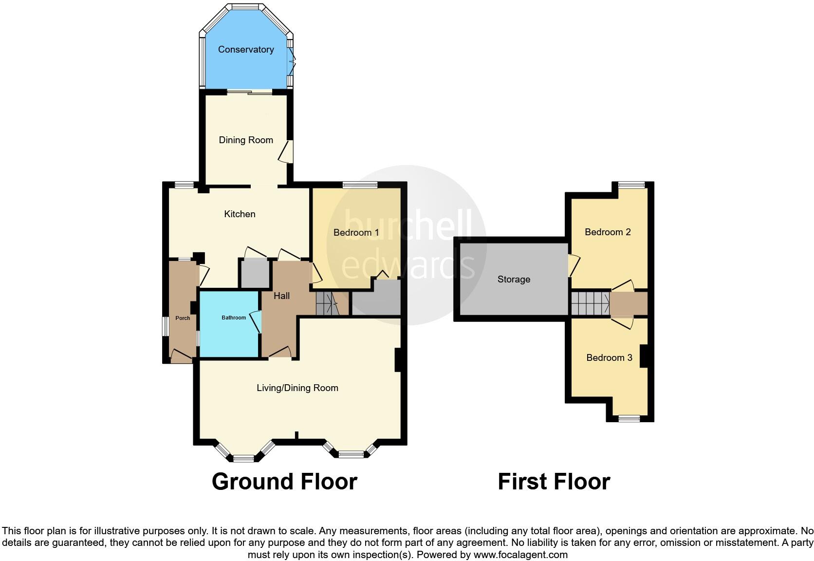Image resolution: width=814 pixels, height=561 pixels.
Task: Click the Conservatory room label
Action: pyautogui.click(x=246, y=49)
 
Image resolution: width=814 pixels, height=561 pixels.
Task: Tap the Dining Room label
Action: pyautogui.click(x=246, y=140)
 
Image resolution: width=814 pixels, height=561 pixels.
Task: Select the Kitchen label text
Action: pyautogui.click(x=240, y=214)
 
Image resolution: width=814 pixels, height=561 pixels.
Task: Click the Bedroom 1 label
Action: pyautogui.click(x=356, y=232)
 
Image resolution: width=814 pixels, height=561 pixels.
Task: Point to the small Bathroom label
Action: pyautogui.click(x=234, y=318)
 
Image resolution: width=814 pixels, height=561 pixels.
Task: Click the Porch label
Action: pyautogui.click(x=183, y=318)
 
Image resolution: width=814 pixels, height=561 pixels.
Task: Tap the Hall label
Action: pyautogui.click(x=281, y=296)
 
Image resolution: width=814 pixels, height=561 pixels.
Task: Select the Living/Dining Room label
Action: pyautogui.click(x=297, y=388)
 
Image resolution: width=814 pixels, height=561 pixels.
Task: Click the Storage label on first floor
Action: pyautogui.click(x=514, y=279)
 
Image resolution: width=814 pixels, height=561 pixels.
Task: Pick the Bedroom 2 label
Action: pyautogui.click(x=608, y=232)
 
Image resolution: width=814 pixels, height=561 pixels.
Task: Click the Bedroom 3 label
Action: pyautogui.click(x=609, y=358)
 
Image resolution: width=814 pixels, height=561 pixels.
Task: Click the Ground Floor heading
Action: pyautogui.click(x=284, y=482)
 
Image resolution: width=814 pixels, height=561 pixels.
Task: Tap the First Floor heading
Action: pyautogui.click(x=554, y=482)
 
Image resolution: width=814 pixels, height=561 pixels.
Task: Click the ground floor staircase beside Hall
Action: pyautogui.click(x=328, y=304)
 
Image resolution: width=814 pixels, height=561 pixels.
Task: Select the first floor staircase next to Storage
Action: pyautogui.click(x=590, y=303)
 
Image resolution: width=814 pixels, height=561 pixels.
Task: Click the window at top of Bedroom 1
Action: pyautogui.click(x=360, y=185)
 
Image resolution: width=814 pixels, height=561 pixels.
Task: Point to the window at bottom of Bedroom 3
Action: pyautogui.click(x=629, y=418)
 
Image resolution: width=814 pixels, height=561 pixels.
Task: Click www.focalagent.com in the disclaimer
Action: pyautogui.click(x=520, y=555)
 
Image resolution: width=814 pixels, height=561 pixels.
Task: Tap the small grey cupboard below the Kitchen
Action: pyautogui.click(x=254, y=274)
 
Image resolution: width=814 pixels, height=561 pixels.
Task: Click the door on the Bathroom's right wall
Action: pyautogui.click(x=256, y=322)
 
